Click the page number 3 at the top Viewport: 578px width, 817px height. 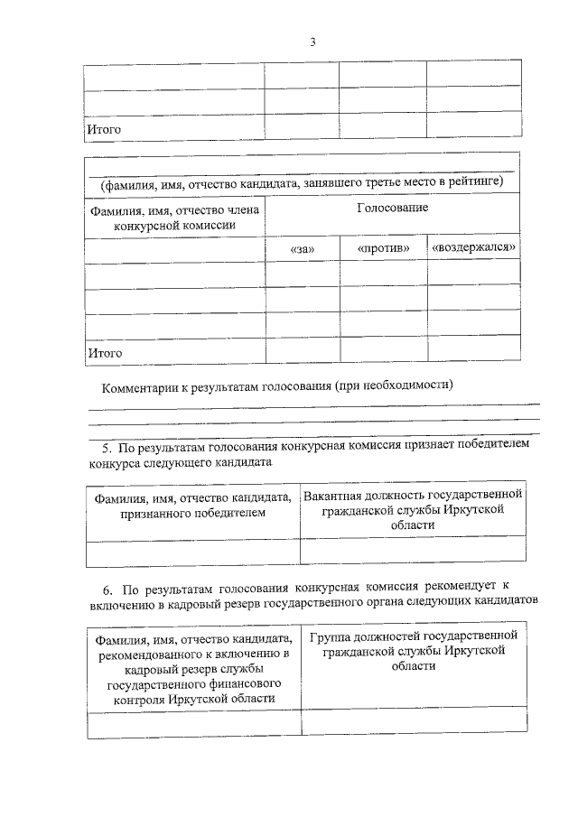click(312, 42)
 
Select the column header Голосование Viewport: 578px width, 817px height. click(392, 208)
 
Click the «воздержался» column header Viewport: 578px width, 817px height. click(474, 247)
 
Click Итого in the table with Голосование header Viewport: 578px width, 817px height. click(104, 352)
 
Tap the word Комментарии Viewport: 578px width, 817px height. click(138, 385)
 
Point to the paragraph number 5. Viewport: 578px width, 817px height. click(105, 445)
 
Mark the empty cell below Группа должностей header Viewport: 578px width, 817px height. click(414, 722)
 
